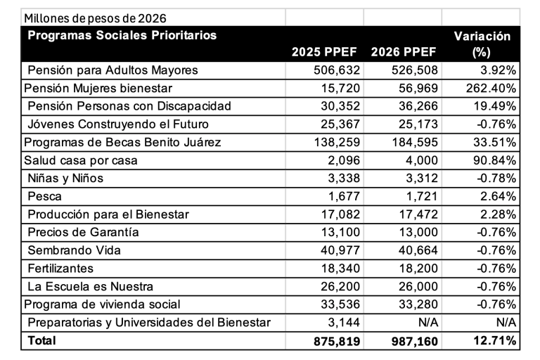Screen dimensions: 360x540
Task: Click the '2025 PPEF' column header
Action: click(324, 53)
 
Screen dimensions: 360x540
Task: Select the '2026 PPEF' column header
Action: click(403, 53)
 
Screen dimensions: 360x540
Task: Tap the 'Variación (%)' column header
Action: click(482, 44)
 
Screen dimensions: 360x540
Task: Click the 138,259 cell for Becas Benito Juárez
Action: click(337, 143)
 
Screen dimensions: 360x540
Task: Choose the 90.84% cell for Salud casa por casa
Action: click(493, 161)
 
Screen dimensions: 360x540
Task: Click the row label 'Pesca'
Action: click(44, 196)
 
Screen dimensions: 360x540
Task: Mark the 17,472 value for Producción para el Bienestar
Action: click(418, 214)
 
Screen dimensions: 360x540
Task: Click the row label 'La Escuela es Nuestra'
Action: click(90, 286)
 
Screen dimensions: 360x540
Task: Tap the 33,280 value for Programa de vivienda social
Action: click(418, 304)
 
